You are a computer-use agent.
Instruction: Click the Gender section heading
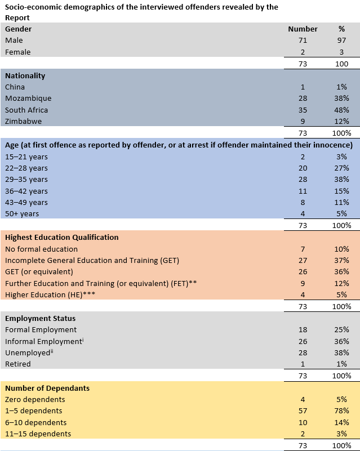coord(18,29)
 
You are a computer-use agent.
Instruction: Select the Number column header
coord(303,29)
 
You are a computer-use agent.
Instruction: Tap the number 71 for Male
coord(303,41)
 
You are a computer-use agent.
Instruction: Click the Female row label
coord(17,52)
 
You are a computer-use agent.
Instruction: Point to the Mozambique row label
coord(28,99)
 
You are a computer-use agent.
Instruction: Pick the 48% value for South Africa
coord(341,110)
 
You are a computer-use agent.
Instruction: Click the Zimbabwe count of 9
coord(303,122)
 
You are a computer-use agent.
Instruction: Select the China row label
coord(15,87)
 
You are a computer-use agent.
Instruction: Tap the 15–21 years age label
coord(26,157)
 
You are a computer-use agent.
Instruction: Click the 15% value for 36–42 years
coord(341,191)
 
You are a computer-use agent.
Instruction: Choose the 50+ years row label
coord(22,214)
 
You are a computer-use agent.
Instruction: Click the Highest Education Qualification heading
coord(62,237)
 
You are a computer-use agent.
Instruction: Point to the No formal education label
coord(42,249)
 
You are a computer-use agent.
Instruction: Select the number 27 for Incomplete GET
coord(303,261)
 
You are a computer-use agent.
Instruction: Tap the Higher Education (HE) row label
coord(50,295)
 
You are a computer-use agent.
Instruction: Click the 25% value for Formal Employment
coord(341,329)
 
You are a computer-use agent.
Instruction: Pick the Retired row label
coord(18,364)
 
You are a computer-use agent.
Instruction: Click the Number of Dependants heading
coord(47,389)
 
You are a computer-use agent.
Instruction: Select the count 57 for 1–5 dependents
coord(303,410)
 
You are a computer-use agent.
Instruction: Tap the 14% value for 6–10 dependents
coord(341,422)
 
